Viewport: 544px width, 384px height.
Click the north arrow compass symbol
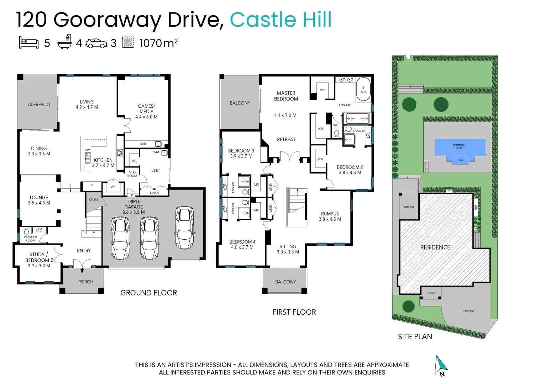[x=441, y=365]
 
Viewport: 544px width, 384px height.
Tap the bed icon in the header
[x=28, y=42]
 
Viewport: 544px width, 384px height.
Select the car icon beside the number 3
[x=96, y=43]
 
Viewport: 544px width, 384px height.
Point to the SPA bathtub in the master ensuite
[x=363, y=89]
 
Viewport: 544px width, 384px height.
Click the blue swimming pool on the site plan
[x=460, y=148]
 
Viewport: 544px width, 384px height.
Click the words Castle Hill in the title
[x=281, y=20]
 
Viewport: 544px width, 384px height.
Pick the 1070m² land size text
[x=158, y=43]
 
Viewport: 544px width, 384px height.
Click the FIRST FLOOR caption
[x=294, y=312]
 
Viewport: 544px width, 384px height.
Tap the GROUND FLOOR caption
[x=148, y=293]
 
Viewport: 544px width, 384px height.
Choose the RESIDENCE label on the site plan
[x=435, y=247]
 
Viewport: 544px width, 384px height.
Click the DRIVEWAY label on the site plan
[x=468, y=311]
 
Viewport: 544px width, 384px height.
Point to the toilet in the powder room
[x=26, y=231]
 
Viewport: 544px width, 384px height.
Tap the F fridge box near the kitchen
[x=91, y=186]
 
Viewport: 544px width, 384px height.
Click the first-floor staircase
[x=297, y=207]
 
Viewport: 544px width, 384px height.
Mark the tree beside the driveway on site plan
[x=408, y=306]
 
